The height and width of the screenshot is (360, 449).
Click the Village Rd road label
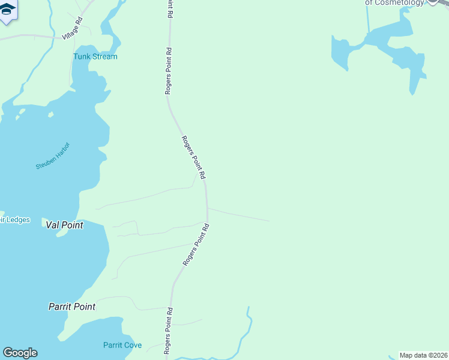click(x=72, y=29)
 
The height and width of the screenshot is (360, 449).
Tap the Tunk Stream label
click(x=95, y=56)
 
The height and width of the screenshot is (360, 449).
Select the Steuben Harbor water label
click(x=53, y=155)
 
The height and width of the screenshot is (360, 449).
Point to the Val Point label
click(x=64, y=225)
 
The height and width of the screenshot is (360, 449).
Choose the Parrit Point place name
click(x=72, y=307)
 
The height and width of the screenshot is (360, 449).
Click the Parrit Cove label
click(x=122, y=345)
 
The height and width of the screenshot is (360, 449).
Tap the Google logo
click(x=20, y=353)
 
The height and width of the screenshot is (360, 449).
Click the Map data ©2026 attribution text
click(x=423, y=355)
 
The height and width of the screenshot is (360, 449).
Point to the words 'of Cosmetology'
click(x=394, y=2)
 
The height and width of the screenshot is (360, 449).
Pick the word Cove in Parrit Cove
click(x=134, y=345)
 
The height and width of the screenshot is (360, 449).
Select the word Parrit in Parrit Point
click(x=61, y=307)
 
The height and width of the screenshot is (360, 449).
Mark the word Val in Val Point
click(x=53, y=225)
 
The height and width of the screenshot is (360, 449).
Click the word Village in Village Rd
click(x=70, y=31)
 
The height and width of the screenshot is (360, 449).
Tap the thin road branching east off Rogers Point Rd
click(x=240, y=215)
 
